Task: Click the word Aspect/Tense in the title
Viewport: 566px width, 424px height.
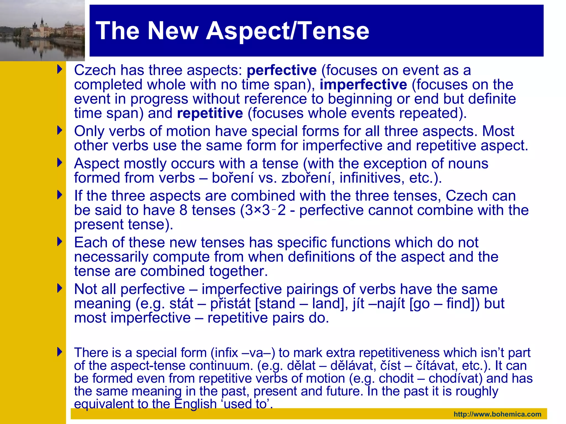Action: click(287, 31)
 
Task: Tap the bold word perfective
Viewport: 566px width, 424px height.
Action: click(281, 70)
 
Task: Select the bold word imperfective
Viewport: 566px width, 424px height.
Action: click(363, 85)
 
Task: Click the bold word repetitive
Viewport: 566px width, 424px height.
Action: click(210, 113)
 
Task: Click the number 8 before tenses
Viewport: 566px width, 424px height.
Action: click(183, 210)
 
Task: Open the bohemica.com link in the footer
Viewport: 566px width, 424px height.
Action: click(497, 414)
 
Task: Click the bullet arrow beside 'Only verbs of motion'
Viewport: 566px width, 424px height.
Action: click(60, 130)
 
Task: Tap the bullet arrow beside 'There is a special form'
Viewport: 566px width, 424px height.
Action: click(60, 352)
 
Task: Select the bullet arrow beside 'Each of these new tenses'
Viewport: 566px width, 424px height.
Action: click(60, 242)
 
